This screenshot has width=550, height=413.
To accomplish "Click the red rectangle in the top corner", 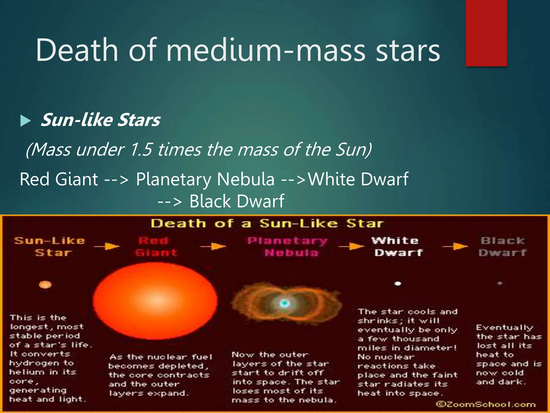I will pos(486,33).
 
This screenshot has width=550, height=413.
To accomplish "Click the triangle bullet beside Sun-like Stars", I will pos(25,120).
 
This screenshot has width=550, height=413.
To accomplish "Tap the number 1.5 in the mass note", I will pos(141,149).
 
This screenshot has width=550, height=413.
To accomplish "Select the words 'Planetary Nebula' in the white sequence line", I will pos(205,179).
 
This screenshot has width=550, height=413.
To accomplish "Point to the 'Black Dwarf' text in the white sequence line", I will pos(237,201).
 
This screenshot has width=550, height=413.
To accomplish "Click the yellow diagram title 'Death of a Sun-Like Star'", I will pos(267,223).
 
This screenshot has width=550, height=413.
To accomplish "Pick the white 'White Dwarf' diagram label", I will pos(397,247).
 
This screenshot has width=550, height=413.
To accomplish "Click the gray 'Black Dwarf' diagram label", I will pos(502,247).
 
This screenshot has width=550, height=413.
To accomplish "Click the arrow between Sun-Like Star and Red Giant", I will pos(107,246).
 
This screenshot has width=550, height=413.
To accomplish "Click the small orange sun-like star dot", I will pos(45,284).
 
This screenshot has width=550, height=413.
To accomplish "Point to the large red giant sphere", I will pos(155,301).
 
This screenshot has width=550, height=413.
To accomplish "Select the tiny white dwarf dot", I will pos(398,283).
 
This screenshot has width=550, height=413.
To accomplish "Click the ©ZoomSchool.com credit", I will pos(486,404).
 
